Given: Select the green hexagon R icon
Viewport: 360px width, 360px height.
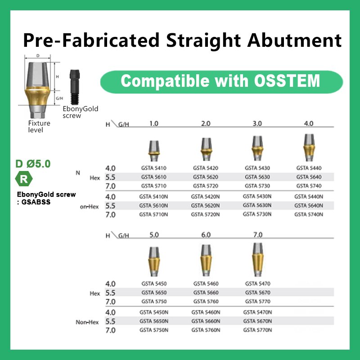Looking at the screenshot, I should point(24,179).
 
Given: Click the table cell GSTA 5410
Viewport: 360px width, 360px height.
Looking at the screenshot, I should point(154,168).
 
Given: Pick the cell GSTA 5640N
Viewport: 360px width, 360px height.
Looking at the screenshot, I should point(309,206).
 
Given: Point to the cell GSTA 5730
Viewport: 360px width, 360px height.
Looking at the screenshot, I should point(257,186).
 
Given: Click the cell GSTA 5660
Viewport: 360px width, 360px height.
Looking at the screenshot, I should point(206,292).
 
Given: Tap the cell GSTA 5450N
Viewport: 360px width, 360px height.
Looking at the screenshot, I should point(154,312).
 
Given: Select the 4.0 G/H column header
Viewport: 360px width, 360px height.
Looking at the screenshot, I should point(309,123).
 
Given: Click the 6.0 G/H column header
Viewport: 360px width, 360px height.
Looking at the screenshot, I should point(206,235).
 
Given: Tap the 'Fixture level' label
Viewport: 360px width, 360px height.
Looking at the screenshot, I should point(39,126).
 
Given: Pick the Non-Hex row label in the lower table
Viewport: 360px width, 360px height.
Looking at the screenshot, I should point(87,322).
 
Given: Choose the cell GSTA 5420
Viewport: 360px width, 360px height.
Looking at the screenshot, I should point(206,168).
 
